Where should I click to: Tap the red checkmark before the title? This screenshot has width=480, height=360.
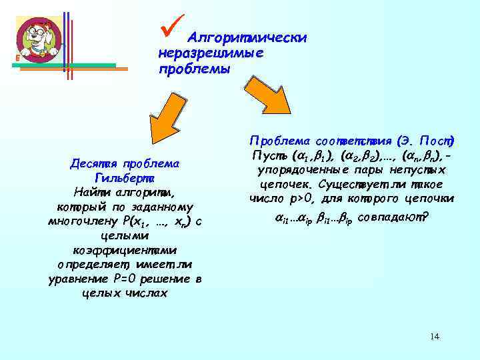tap(171, 27)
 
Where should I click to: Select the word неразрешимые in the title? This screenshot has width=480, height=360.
tap(211, 53)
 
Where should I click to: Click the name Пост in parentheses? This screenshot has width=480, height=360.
tap(437, 141)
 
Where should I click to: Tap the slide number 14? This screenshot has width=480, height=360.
tap(435, 336)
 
